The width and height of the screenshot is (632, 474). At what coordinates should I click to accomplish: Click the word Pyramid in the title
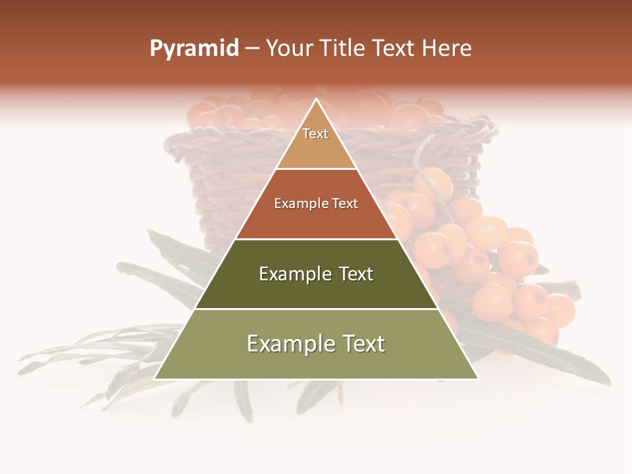coord(194,49)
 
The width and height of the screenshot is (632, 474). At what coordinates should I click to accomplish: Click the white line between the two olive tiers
coord(316,309)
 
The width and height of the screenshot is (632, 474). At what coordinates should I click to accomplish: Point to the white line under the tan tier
coord(316,169)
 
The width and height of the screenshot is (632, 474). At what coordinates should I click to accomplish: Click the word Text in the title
coord(394,49)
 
